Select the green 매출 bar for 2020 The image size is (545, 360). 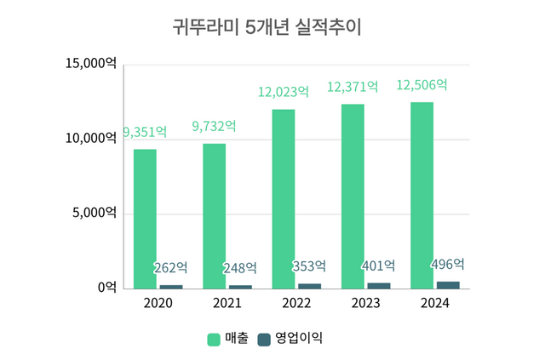(x=145, y=219)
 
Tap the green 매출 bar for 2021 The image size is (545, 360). (x=214, y=216)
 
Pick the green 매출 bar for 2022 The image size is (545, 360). (x=284, y=199)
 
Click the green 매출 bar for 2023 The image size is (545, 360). (x=353, y=197)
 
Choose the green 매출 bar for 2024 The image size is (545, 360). (x=422, y=196)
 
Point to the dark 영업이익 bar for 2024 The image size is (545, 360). (x=448, y=285)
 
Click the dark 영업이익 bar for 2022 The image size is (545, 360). (x=309, y=286)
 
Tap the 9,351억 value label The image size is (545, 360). (x=145, y=132)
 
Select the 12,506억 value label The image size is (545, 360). (x=422, y=85)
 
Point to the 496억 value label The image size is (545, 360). (x=448, y=264)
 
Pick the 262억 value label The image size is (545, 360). (x=170, y=268)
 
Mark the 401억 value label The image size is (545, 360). (x=378, y=266)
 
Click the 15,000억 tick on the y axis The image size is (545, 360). (x=90, y=64)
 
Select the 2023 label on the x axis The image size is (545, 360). (x=365, y=304)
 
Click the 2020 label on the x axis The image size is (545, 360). (x=158, y=304)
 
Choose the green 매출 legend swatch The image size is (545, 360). (x=214, y=338)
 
